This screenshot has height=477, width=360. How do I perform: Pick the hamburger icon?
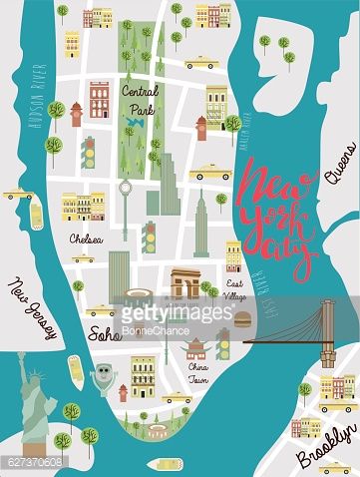(x=242, y=319)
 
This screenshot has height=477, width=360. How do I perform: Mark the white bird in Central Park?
(x=132, y=124)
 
